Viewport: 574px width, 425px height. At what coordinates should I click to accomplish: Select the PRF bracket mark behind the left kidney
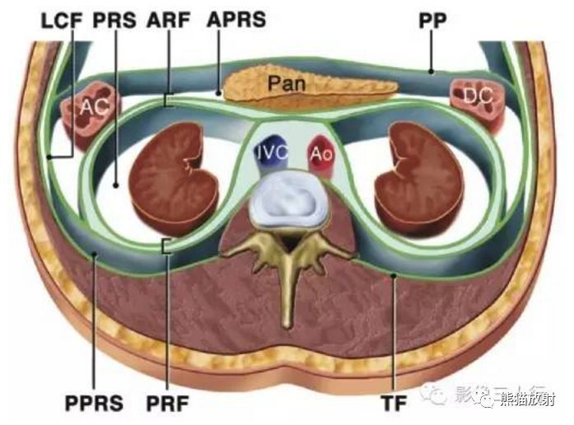(168, 245)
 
